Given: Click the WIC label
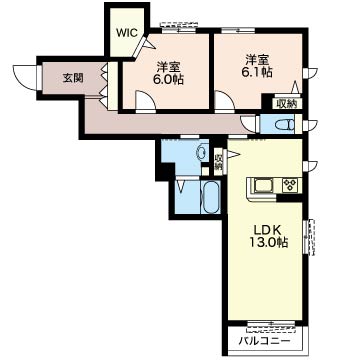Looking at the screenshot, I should tap(126, 32).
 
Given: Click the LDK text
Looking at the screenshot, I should tap(265, 227).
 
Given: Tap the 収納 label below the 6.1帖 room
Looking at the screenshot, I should tap(286, 102).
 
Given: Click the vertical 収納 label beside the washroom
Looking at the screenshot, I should tap(218, 160).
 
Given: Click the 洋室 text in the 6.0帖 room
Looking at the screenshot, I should tap(168, 68).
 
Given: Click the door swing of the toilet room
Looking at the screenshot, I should tap(249, 122).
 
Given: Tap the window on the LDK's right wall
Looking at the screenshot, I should tap(310, 238).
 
